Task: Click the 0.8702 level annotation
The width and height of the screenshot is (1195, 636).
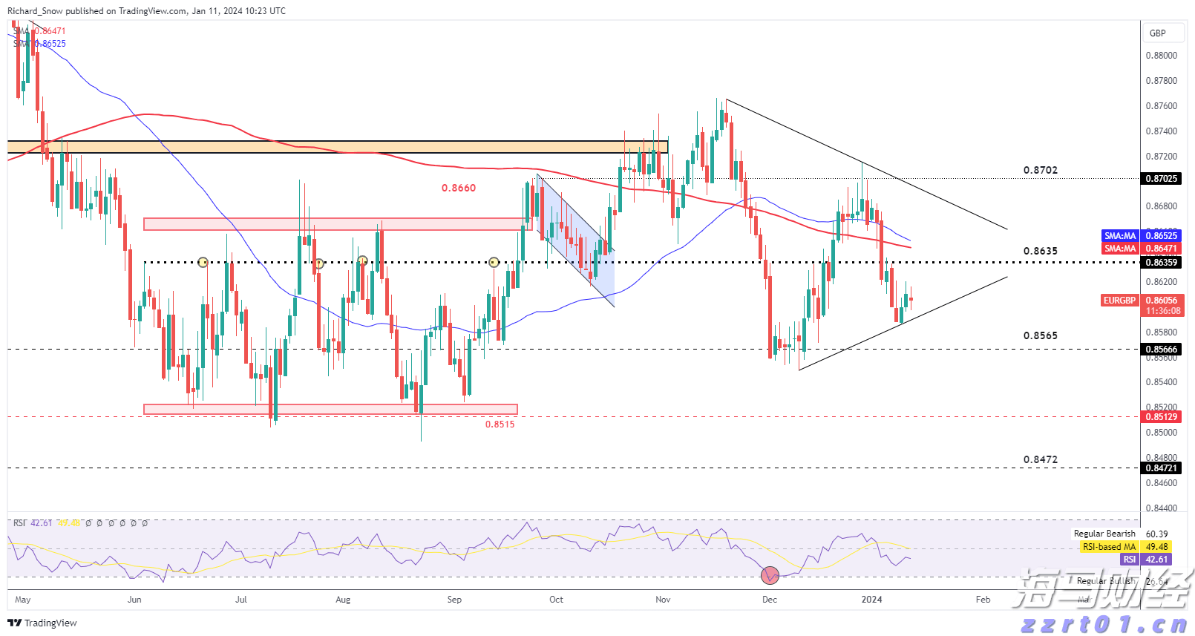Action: coord(1040,170)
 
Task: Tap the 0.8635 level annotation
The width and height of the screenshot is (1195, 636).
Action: coord(1040,251)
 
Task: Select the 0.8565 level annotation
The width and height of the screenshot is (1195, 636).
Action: coord(1040,335)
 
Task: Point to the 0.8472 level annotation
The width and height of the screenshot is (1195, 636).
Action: coord(1040,459)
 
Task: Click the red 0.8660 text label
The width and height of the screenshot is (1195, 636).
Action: coord(459,188)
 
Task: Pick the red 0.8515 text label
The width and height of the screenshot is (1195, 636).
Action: coord(500,424)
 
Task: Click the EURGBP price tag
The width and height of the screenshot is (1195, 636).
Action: coord(1119,301)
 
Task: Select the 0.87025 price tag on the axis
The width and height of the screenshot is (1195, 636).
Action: coord(1162,179)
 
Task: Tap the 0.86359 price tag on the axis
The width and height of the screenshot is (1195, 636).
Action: coord(1162,263)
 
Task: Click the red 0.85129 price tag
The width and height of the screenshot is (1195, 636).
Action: coord(1162,417)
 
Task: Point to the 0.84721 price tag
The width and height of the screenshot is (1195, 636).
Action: coord(1162,468)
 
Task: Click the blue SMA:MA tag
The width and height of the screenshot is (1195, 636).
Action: coord(1120,236)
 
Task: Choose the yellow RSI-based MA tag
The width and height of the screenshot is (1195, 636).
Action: coord(1109,547)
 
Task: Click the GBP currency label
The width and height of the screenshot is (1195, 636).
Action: coord(1157,33)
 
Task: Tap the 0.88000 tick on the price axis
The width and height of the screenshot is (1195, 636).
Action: coord(1161,56)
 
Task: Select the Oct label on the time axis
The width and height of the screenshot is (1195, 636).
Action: coord(556,600)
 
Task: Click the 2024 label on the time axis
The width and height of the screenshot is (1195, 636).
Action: coord(871,600)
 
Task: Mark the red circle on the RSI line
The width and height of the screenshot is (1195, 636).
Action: coord(770,574)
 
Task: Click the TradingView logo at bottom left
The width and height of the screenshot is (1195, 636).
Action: coord(42,623)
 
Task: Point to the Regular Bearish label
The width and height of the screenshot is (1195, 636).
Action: coord(1104,534)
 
